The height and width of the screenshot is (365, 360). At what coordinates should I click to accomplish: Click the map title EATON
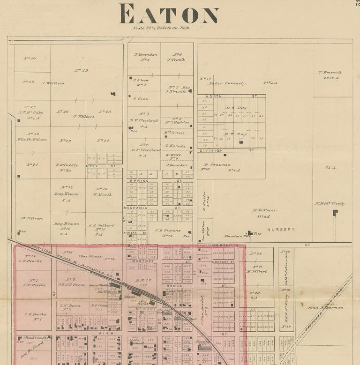tap(169, 14)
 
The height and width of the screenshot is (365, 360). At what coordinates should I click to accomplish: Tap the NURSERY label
tap(281, 230)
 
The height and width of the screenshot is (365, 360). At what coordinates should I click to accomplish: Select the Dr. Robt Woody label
tap(330, 203)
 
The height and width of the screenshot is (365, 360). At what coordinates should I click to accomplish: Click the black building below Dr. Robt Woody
tap(335, 213)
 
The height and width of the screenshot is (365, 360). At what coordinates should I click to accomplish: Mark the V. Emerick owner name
tap(330, 72)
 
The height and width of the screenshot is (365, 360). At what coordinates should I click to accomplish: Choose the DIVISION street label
tap(211, 150)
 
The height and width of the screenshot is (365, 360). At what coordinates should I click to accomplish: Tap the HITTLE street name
tap(92, 166)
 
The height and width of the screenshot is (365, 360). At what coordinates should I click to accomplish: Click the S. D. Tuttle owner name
tap(67, 164)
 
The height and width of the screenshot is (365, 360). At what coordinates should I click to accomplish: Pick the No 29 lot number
tap(81, 70)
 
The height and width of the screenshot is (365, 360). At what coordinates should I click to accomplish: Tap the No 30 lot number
tap(30, 58)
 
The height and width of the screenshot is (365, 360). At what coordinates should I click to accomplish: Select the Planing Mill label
tap(203, 342)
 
